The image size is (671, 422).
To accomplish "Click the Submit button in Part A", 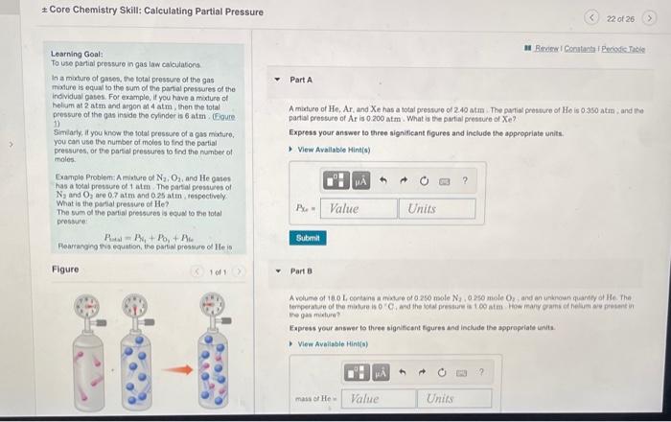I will [x=307, y=237].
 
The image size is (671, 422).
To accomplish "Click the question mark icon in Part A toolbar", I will [x=464, y=179].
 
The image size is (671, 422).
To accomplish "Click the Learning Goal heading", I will [x=72, y=54].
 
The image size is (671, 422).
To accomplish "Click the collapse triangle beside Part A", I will [x=277, y=80].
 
